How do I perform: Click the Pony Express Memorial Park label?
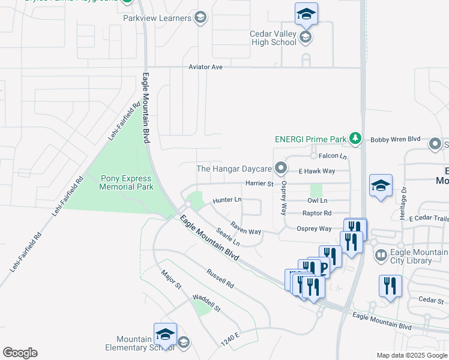(x=118, y=182)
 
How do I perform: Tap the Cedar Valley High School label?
(x=273, y=38)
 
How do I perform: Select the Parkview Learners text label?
(x=157, y=18)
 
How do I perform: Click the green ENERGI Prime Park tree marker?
(x=355, y=139)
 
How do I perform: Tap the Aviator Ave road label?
(x=205, y=67)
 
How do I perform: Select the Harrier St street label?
(x=259, y=183)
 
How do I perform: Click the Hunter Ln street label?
(x=227, y=200)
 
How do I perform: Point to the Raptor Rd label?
(x=318, y=213)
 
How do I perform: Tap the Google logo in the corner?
(x=20, y=353)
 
